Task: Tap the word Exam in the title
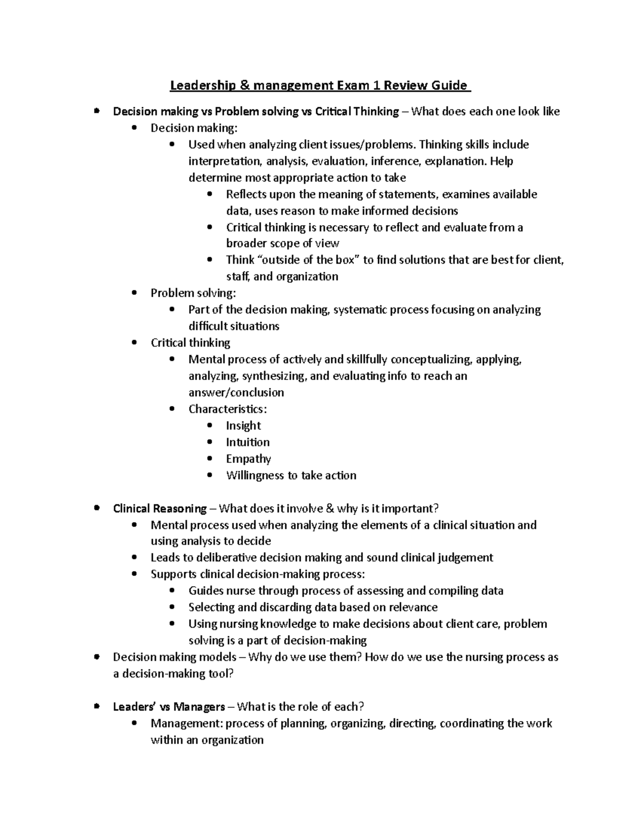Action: [352, 85]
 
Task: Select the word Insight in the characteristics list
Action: [243, 425]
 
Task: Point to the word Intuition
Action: [247, 442]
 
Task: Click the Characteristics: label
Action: [228, 409]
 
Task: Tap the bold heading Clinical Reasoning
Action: [160, 508]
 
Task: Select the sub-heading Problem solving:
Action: [193, 293]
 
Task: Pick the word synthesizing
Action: [274, 376]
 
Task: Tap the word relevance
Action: [413, 607]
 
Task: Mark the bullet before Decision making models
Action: [96, 657]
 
